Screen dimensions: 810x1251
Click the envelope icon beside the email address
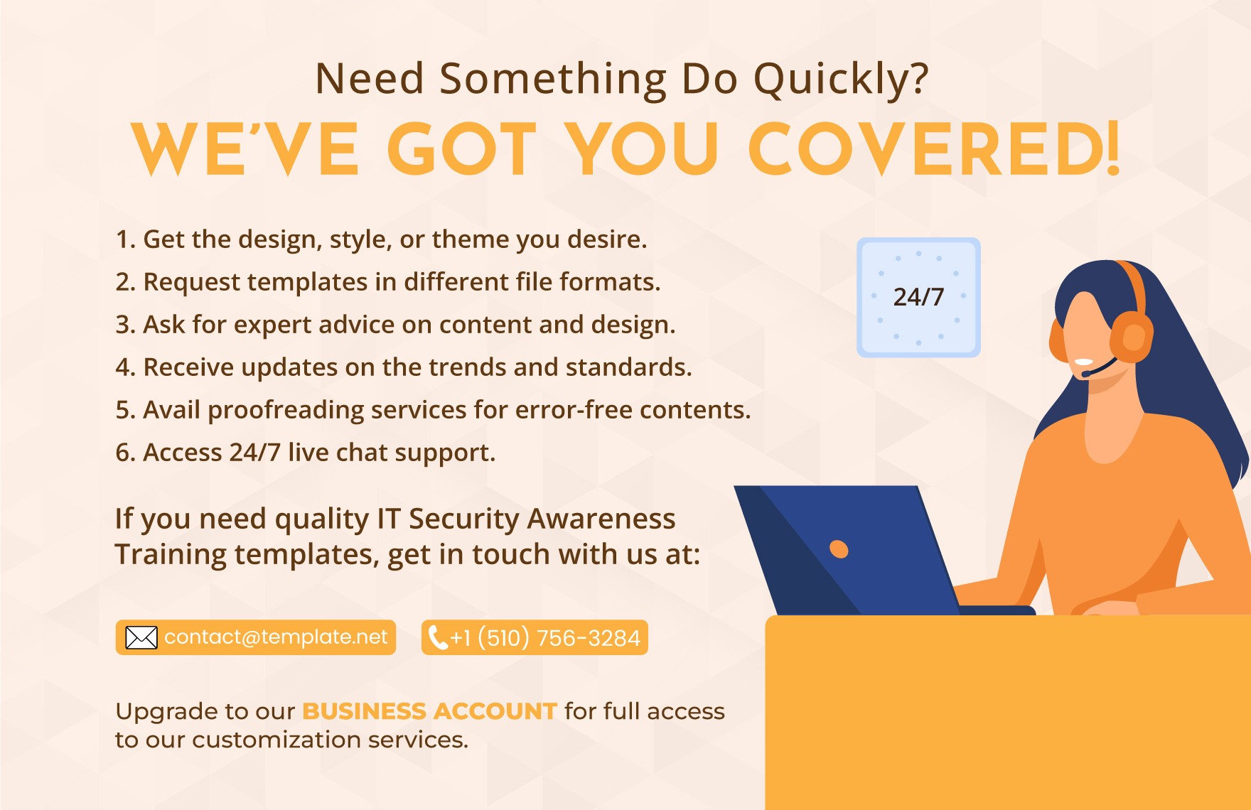(141, 637)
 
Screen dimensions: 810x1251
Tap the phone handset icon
(438, 637)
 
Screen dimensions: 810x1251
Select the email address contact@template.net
(276, 637)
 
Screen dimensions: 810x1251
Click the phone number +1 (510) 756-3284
(545, 638)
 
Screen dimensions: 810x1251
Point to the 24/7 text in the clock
(918, 297)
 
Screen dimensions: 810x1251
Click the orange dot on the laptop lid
(839, 549)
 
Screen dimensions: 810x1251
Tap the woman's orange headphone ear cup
(1131, 337)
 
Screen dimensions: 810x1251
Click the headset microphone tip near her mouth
(1085, 374)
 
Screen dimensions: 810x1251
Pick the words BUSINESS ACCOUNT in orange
(429, 711)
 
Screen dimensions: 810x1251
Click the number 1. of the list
(125, 239)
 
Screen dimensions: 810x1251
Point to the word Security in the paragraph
(465, 519)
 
